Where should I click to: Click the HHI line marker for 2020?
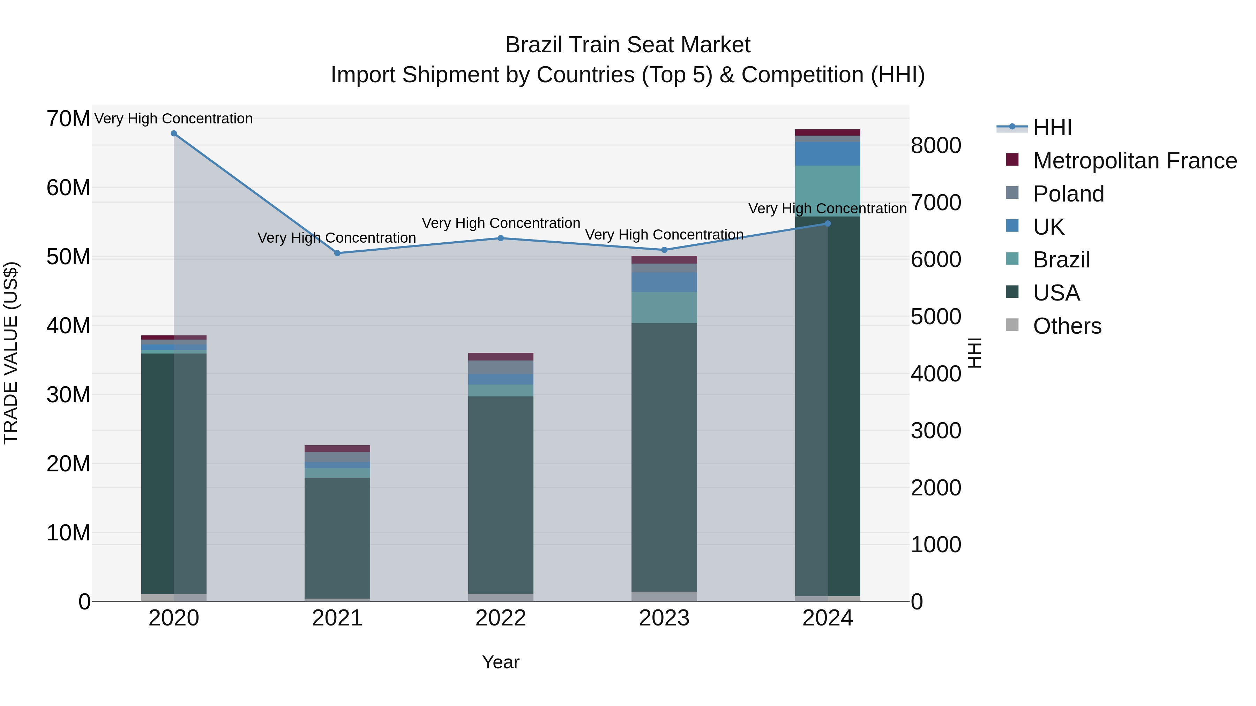pyautogui.click(x=174, y=134)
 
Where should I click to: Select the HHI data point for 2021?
pyautogui.click(x=337, y=253)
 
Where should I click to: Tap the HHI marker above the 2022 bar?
pyautogui.click(x=501, y=238)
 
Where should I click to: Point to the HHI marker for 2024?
pyautogui.click(x=828, y=223)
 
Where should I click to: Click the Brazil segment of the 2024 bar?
pyautogui.click(x=828, y=191)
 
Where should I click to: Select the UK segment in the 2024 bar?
pyautogui.click(x=828, y=154)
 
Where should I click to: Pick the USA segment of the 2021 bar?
pyautogui.click(x=337, y=536)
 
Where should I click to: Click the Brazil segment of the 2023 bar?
pyautogui.click(x=664, y=308)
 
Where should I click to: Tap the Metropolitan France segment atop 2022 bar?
pyautogui.click(x=501, y=357)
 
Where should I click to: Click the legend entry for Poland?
pyautogui.click(x=1068, y=194)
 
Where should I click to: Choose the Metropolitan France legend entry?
pyautogui.click(x=1134, y=161)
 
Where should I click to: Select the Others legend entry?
pyautogui.click(x=1067, y=326)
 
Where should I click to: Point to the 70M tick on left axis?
pyautogui.click(x=68, y=119)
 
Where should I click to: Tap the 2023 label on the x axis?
pyautogui.click(x=664, y=618)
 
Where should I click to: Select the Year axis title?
pyautogui.click(x=501, y=662)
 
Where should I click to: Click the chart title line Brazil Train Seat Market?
pyautogui.click(x=628, y=45)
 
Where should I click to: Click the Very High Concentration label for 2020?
pyautogui.click(x=174, y=119)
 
